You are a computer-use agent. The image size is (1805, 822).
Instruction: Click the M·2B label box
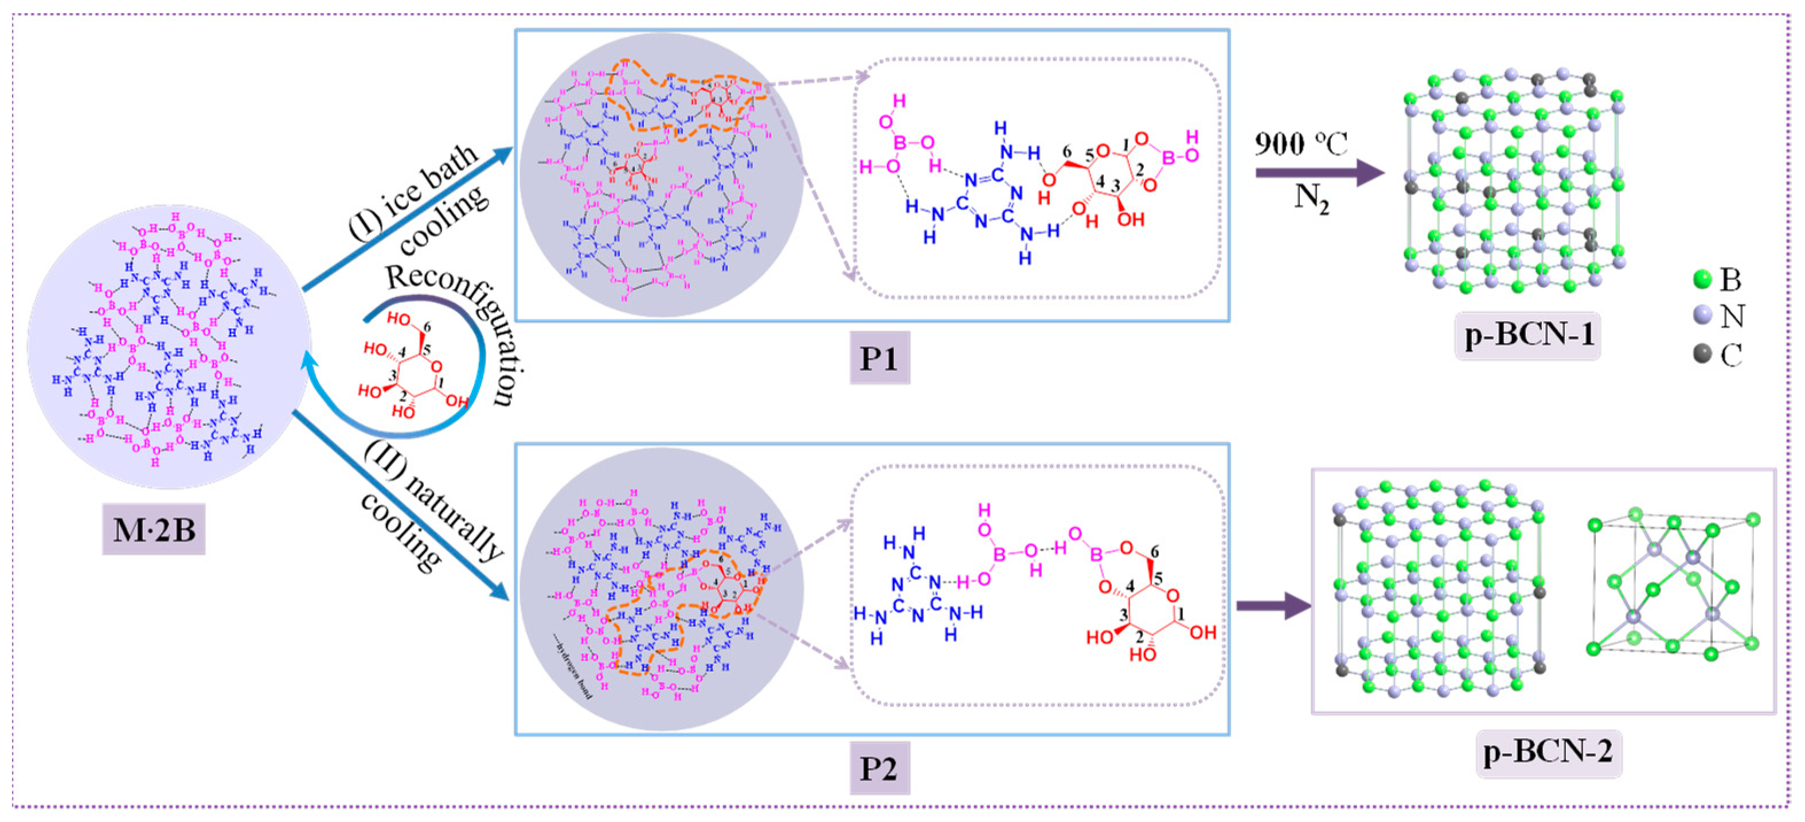click(154, 529)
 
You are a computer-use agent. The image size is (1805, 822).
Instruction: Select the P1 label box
click(880, 358)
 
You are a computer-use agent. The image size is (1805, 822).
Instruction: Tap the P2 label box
click(880, 768)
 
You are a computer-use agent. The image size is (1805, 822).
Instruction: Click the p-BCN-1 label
click(1528, 335)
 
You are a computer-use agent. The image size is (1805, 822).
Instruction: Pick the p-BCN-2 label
click(1549, 752)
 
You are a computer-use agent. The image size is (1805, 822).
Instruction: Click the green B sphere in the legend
click(1702, 279)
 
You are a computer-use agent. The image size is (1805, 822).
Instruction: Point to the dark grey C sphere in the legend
click(1702, 354)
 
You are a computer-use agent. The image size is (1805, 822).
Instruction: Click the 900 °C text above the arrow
click(1300, 145)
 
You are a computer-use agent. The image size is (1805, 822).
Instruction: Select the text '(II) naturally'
click(435, 500)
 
